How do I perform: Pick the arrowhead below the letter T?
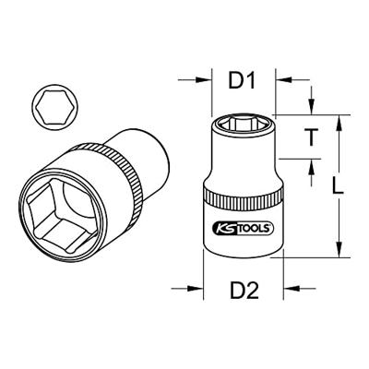click(x=314, y=163)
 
